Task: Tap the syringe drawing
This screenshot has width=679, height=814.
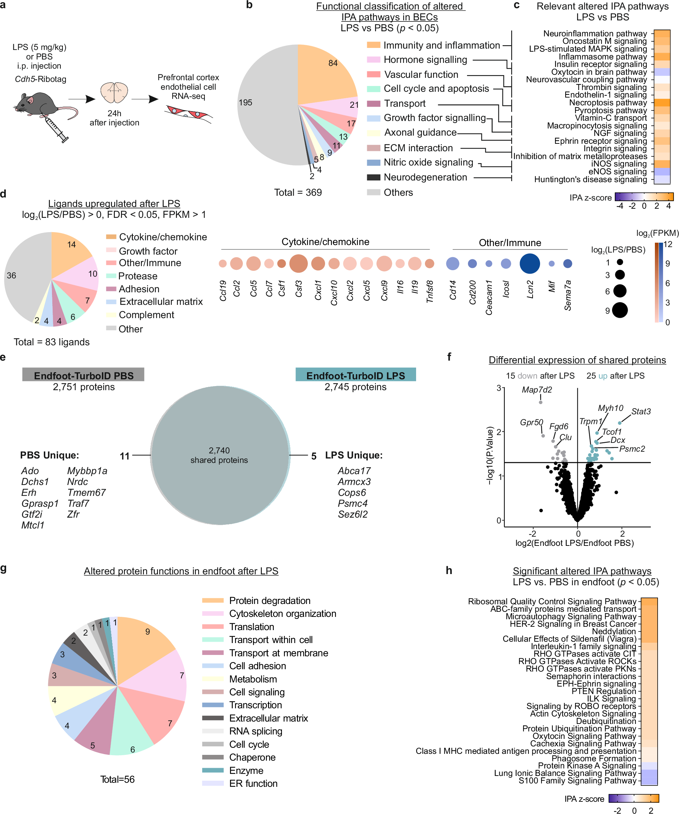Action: click(57, 130)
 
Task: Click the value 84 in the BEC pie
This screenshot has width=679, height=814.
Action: click(333, 63)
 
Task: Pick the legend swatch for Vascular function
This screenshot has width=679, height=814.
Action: click(373, 74)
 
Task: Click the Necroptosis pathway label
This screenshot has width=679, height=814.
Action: click(608, 103)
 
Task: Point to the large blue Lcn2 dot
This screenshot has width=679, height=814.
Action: click(530, 264)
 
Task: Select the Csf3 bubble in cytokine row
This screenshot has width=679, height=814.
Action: click(298, 264)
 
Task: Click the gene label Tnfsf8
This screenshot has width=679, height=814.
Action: click(430, 292)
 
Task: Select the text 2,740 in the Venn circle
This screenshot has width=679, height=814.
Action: click(219, 450)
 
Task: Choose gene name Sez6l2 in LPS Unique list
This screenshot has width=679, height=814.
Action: click(353, 514)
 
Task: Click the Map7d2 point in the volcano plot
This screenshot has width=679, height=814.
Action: click(541, 402)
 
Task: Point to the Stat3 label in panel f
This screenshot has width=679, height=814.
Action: click(641, 411)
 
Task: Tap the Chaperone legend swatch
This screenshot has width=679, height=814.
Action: click(213, 757)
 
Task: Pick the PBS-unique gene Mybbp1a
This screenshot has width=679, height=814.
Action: click(87, 471)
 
